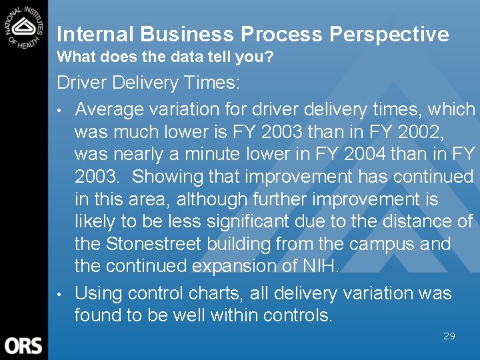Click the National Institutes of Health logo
click(x=24, y=25)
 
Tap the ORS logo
click(x=24, y=345)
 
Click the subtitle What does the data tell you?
click(x=165, y=58)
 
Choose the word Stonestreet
click(x=173, y=244)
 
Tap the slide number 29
click(x=449, y=336)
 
